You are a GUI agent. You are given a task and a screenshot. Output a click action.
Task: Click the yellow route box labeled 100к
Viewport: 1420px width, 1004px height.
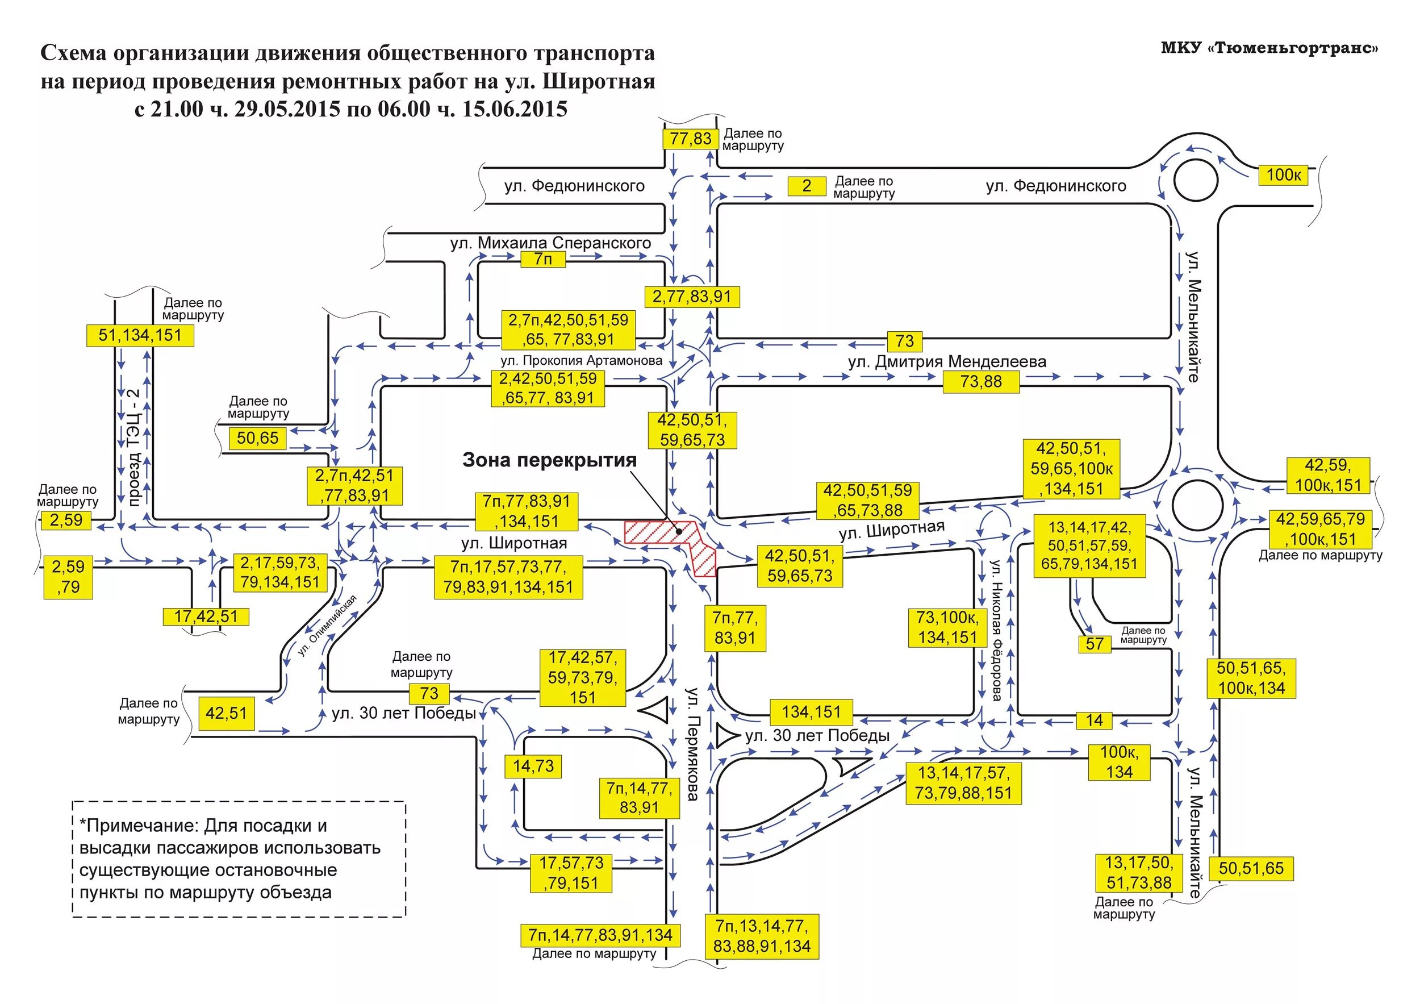point(1283,175)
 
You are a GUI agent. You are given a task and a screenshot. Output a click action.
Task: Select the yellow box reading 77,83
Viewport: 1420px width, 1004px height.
point(690,138)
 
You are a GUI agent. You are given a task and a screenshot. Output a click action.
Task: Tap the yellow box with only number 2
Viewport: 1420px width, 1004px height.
point(806,186)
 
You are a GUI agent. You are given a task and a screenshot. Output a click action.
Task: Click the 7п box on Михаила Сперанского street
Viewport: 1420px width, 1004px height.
point(543,259)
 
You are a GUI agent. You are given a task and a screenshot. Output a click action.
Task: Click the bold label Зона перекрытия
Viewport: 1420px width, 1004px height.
point(549,460)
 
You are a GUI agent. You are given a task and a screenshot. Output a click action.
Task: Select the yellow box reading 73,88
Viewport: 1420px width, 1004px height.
point(981,382)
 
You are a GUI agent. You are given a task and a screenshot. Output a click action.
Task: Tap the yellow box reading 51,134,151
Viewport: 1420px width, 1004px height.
point(140,335)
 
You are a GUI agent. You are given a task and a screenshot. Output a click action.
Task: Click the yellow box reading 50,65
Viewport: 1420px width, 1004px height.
point(257,438)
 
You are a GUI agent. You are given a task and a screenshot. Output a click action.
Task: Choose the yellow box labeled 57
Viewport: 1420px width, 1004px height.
point(1094,644)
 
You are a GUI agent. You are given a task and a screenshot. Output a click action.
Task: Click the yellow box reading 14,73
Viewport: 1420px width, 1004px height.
point(533,766)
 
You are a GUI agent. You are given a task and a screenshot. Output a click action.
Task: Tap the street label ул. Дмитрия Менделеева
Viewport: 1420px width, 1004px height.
point(947,361)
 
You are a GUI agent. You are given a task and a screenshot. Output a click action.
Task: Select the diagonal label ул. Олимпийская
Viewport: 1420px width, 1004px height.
point(327,626)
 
